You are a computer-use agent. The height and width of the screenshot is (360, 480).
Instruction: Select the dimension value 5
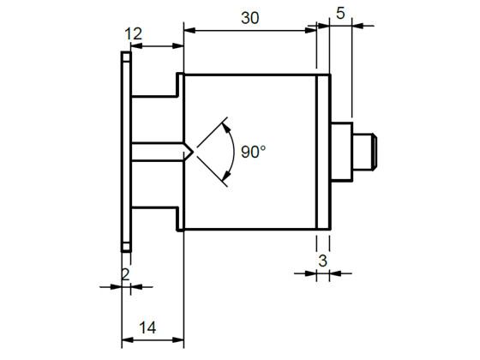pos(340,14)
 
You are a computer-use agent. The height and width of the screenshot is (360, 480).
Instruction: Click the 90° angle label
pos(253,152)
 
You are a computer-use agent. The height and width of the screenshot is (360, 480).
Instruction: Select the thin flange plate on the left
pos(126,152)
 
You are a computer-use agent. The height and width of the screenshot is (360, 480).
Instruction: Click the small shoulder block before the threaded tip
pos(341,152)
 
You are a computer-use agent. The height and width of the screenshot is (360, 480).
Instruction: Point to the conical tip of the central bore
pos(187,152)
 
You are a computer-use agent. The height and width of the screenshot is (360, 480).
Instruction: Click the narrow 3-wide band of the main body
pos(323,152)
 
